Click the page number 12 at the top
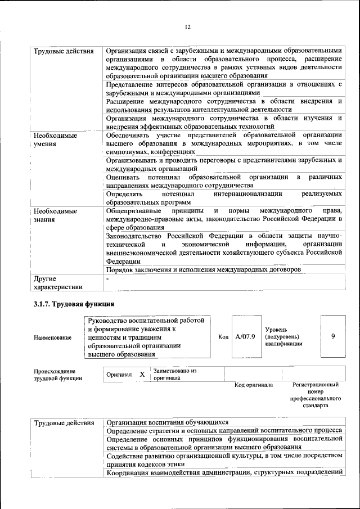(188, 26)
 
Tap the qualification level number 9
(333, 336)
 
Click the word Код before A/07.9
(223, 336)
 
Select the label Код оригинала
(254, 385)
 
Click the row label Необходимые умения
(55, 140)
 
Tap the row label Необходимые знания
(55, 215)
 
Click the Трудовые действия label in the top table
(64, 52)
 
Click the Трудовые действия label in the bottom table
(64, 422)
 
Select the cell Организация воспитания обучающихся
(167, 422)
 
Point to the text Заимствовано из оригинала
(174, 375)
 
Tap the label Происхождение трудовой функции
(57, 375)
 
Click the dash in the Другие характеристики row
(107, 278)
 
